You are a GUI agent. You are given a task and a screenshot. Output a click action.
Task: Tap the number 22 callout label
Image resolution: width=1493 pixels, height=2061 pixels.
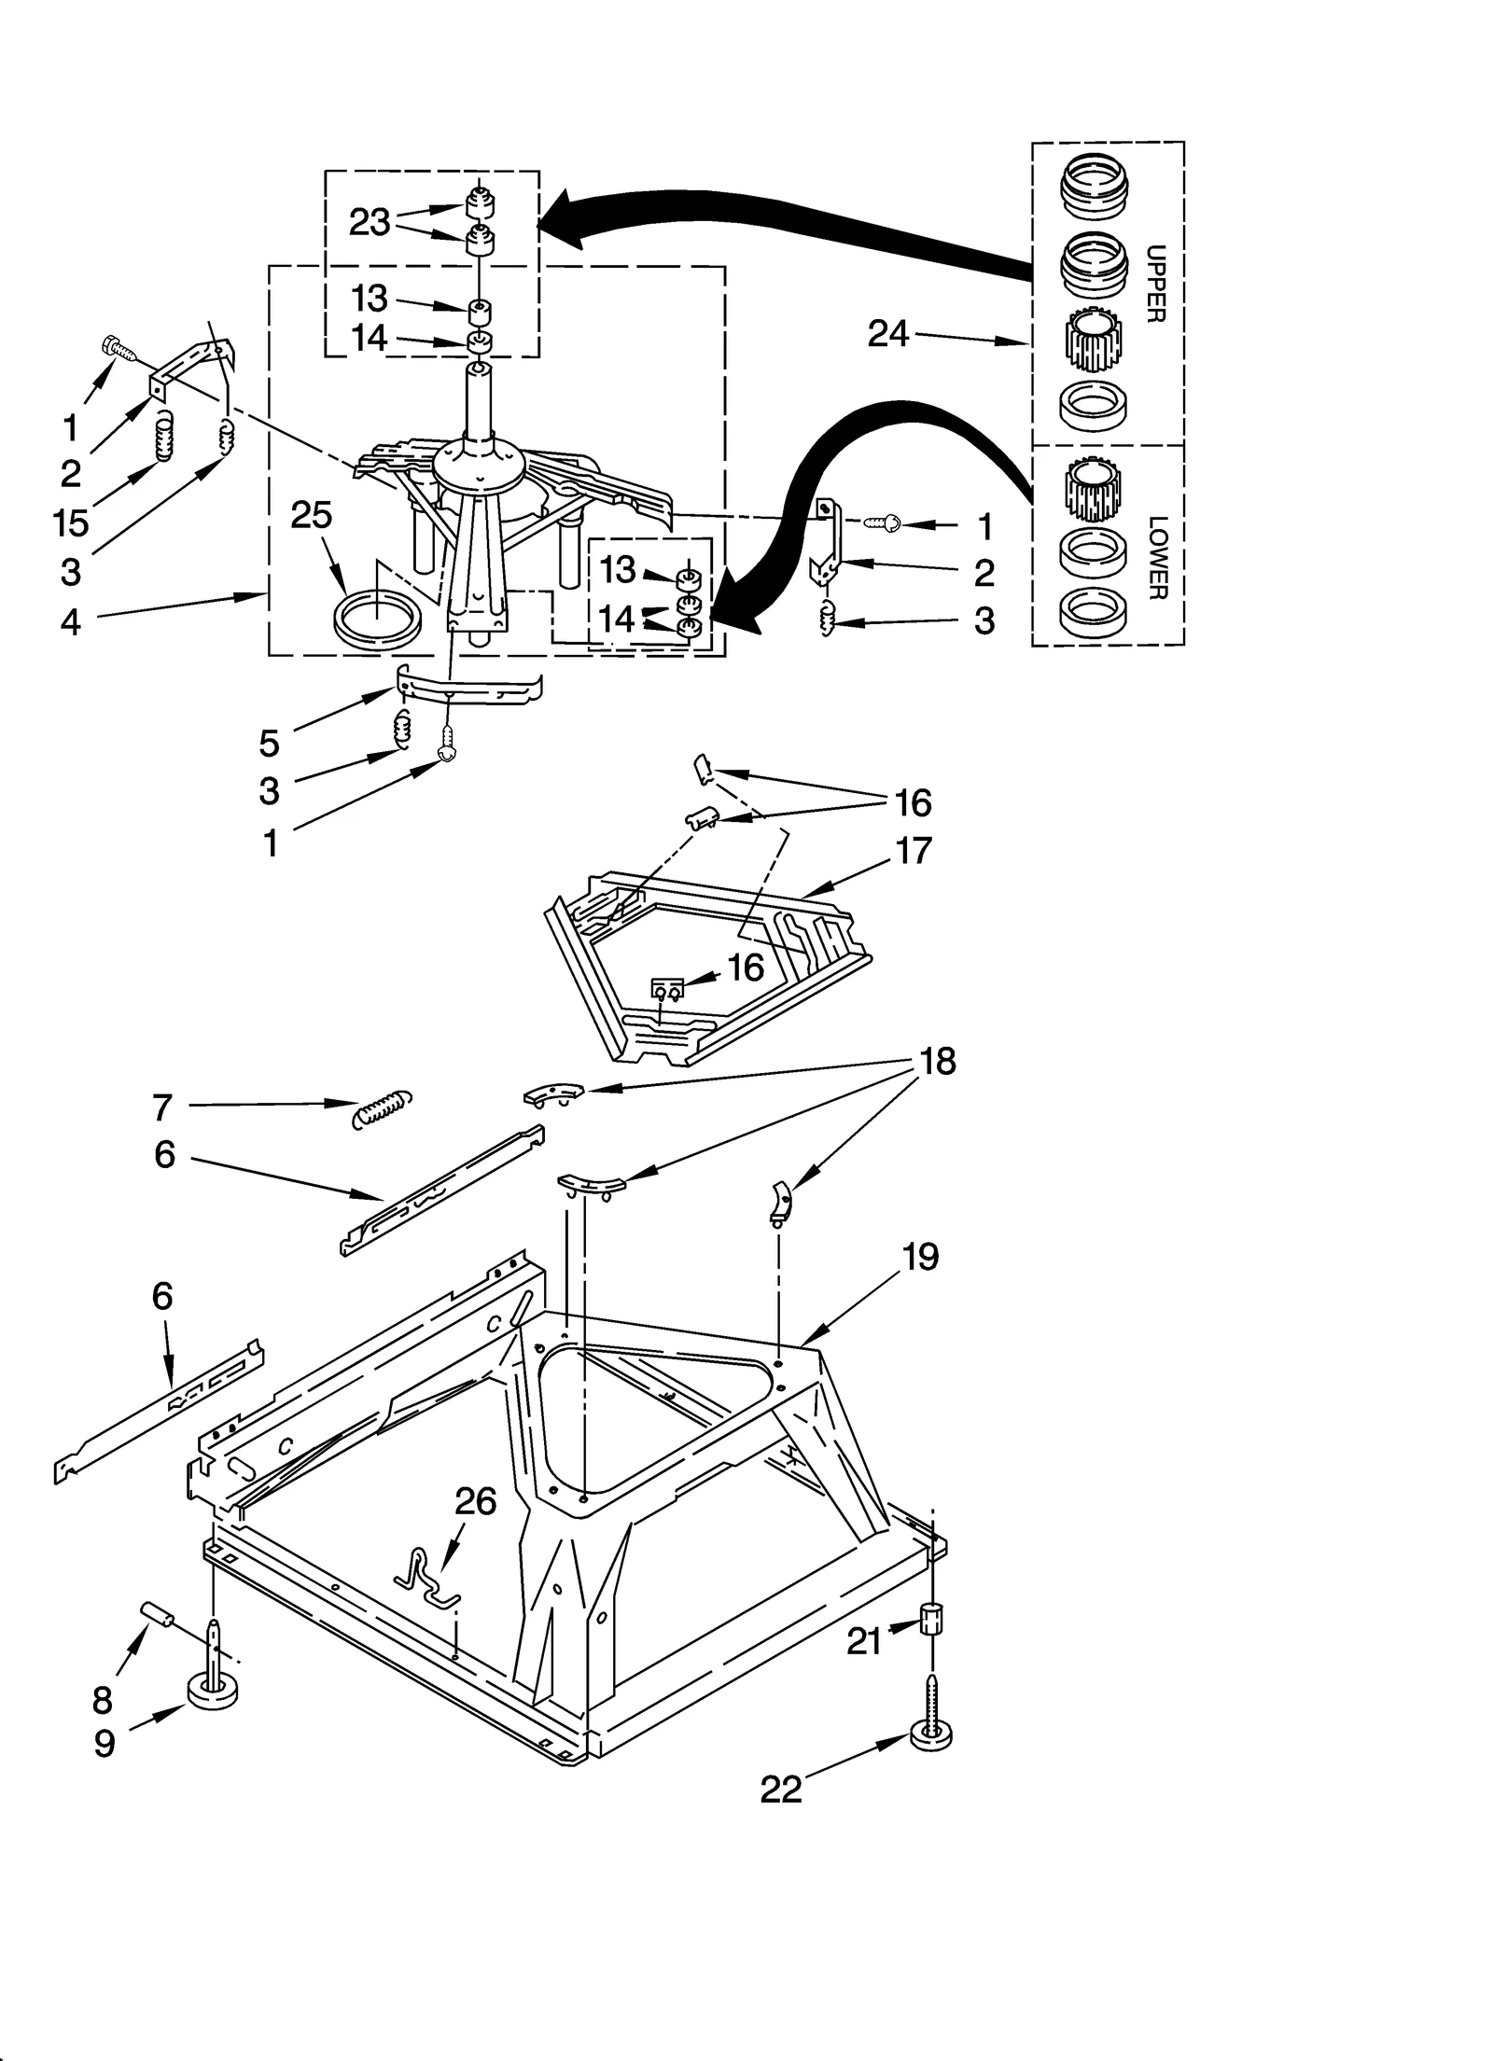(x=781, y=1789)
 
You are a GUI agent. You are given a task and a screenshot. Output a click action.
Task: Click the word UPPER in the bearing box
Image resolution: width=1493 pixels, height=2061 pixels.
(x=1155, y=284)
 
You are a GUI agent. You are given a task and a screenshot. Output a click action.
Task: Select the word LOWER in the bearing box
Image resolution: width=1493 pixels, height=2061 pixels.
(x=1156, y=557)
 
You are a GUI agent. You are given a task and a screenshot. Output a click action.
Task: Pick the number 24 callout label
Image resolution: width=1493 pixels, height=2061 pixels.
(x=887, y=333)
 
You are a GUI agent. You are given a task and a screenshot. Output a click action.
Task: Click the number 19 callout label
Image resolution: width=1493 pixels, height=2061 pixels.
(x=920, y=1257)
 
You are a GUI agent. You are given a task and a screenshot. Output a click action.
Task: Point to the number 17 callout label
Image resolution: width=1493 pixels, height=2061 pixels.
(x=913, y=850)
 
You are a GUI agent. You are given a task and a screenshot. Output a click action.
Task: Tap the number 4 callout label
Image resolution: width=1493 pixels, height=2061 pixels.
(x=71, y=621)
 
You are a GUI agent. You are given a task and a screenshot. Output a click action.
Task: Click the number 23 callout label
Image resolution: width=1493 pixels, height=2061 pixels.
(x=369, y=222)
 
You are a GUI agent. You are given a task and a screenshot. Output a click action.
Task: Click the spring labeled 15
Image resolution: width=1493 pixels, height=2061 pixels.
(x=163, y=437)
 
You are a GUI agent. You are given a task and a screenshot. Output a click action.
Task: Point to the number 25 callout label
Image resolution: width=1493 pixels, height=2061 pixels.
(x=311, y=514)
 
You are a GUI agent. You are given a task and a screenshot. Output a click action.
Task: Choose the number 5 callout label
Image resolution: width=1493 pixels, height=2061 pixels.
(x=269, y=743)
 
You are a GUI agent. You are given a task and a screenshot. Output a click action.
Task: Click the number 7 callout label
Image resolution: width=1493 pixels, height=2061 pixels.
(x=162, y=1107)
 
